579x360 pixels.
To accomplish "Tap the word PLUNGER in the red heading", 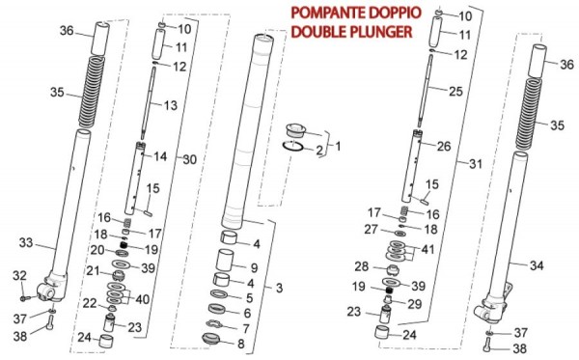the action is point(381,32).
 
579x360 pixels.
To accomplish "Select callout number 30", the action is point(190,159).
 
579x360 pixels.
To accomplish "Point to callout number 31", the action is point(476,163).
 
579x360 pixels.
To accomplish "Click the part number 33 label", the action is point(26,243).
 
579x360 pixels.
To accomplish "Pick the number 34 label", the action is point(537,265).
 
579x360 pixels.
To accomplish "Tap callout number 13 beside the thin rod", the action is point(171,105).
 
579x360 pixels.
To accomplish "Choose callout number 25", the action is point(455,91).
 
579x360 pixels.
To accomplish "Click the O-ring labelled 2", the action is point(293,146).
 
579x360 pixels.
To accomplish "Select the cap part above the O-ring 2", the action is point(296,130).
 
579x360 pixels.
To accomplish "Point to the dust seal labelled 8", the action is point(210,339).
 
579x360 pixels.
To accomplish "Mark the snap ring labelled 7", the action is point(213,324).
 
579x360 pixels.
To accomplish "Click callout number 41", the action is point(427,250).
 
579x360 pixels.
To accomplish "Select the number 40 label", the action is point(142,299).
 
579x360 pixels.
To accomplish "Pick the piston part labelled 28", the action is point(392,270).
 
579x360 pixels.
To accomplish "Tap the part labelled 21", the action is point(118,275).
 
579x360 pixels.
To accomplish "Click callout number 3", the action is point(279,288).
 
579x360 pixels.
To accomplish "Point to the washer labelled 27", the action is point(400,234).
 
